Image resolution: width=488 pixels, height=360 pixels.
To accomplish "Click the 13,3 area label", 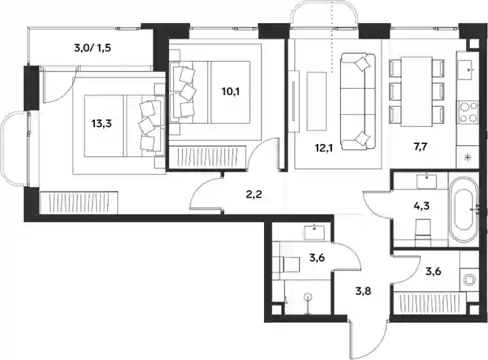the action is pos(101,124).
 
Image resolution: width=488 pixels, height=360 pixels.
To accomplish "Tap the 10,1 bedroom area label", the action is pos(231,92).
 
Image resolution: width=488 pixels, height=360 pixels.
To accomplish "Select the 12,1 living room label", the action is pos(324,148).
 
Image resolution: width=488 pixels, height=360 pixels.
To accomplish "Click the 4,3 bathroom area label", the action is pos(422,206).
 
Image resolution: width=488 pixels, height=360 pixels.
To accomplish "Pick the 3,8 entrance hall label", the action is pos(363,291).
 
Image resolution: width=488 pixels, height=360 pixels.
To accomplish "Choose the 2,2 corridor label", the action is pos(254,195).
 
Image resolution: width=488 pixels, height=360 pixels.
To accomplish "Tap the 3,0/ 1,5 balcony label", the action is pos(92,48).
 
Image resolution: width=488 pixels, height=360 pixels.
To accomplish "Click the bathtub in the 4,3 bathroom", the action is pos(464,210).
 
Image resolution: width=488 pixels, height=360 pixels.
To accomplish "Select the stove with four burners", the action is pos(468,112).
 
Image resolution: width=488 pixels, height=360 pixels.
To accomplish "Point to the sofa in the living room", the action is pos(358,102).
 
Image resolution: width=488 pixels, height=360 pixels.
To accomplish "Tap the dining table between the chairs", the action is pos(417,92).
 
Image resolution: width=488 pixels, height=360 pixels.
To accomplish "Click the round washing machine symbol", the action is pos(469,278).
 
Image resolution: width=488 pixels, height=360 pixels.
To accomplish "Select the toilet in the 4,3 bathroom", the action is pos(423,229).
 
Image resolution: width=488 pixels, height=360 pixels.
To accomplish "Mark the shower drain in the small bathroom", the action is pos(308,297).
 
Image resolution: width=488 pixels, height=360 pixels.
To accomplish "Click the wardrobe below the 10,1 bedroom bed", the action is pos(208,157).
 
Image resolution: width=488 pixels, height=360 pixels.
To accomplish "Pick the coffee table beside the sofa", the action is pos(316,101).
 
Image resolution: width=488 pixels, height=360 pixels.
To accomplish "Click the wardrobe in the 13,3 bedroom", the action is pos(79,202).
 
